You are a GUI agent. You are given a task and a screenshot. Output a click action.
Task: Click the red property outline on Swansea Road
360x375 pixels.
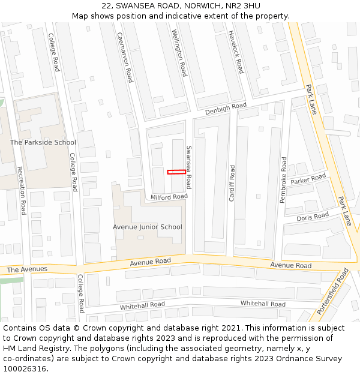[x=176, y=172]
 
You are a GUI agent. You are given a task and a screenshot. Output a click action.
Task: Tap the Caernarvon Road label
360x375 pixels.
[x=125, y=57]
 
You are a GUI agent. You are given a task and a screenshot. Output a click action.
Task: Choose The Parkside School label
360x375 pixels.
[x=43, y=142]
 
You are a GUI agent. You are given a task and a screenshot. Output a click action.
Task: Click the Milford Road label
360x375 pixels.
[x=169, y=197]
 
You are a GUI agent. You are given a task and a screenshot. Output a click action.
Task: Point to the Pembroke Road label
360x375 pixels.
[x=283, y=180]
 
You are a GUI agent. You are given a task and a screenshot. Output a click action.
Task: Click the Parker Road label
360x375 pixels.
[x=308, y=179]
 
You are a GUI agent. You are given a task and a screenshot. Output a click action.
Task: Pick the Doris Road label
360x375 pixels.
[x=313, y=216]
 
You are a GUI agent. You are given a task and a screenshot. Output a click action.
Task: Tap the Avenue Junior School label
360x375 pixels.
[x=148, y=227]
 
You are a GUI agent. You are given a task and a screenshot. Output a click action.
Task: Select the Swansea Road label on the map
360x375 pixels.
[x=188, y=167]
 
